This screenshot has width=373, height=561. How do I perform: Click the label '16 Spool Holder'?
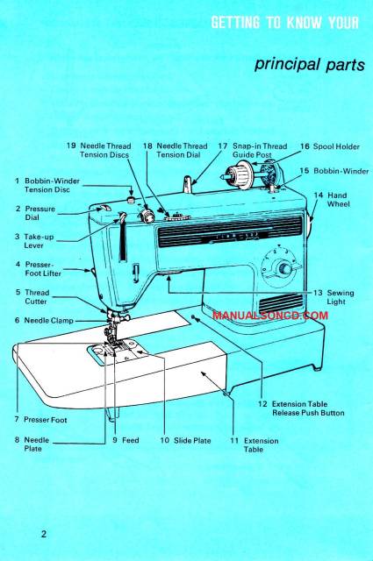330,146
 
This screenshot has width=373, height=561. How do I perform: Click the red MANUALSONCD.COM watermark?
269,313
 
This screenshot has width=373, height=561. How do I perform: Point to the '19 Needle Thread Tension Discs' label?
98,150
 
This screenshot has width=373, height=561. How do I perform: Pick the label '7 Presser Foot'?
41,419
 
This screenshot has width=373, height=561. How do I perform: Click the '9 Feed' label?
126,440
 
